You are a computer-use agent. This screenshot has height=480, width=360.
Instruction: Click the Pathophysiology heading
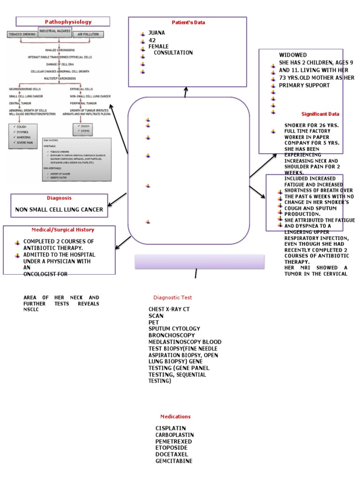click(x=68, y=22)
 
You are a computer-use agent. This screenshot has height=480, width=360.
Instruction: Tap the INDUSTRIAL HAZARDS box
click(x=55, y=30)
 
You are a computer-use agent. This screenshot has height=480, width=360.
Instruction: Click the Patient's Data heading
click(x=188, y=22)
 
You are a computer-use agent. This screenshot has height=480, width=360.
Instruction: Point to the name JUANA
click(x=157, y=33)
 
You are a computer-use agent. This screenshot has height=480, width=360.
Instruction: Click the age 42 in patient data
click(x=152, y=40)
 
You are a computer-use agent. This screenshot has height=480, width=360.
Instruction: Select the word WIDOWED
click(x=293, y=55)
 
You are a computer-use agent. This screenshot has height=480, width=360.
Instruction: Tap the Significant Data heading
click(x=320, y=114)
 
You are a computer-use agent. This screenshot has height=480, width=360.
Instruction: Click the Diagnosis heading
click(x=59, y=198)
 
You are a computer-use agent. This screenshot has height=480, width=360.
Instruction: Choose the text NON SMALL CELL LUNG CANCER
click(x=59, y=210)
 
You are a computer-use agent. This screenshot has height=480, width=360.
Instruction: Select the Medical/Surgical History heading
click(x=63, y=230)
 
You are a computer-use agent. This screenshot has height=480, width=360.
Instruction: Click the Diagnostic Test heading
click(x=172, y=297)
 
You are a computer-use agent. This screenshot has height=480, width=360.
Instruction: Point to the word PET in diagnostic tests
click(x=154, y=322)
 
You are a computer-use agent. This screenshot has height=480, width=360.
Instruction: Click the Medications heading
click(x=175, y=416)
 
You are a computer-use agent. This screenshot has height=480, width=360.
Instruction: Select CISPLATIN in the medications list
click(x=171, y=428)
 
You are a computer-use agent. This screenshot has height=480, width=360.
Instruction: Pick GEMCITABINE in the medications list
click(x=174, y=461)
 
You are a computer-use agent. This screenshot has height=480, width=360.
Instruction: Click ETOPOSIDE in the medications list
click(x=172, y=448)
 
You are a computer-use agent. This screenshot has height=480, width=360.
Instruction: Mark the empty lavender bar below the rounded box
click(x=200, y=262)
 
